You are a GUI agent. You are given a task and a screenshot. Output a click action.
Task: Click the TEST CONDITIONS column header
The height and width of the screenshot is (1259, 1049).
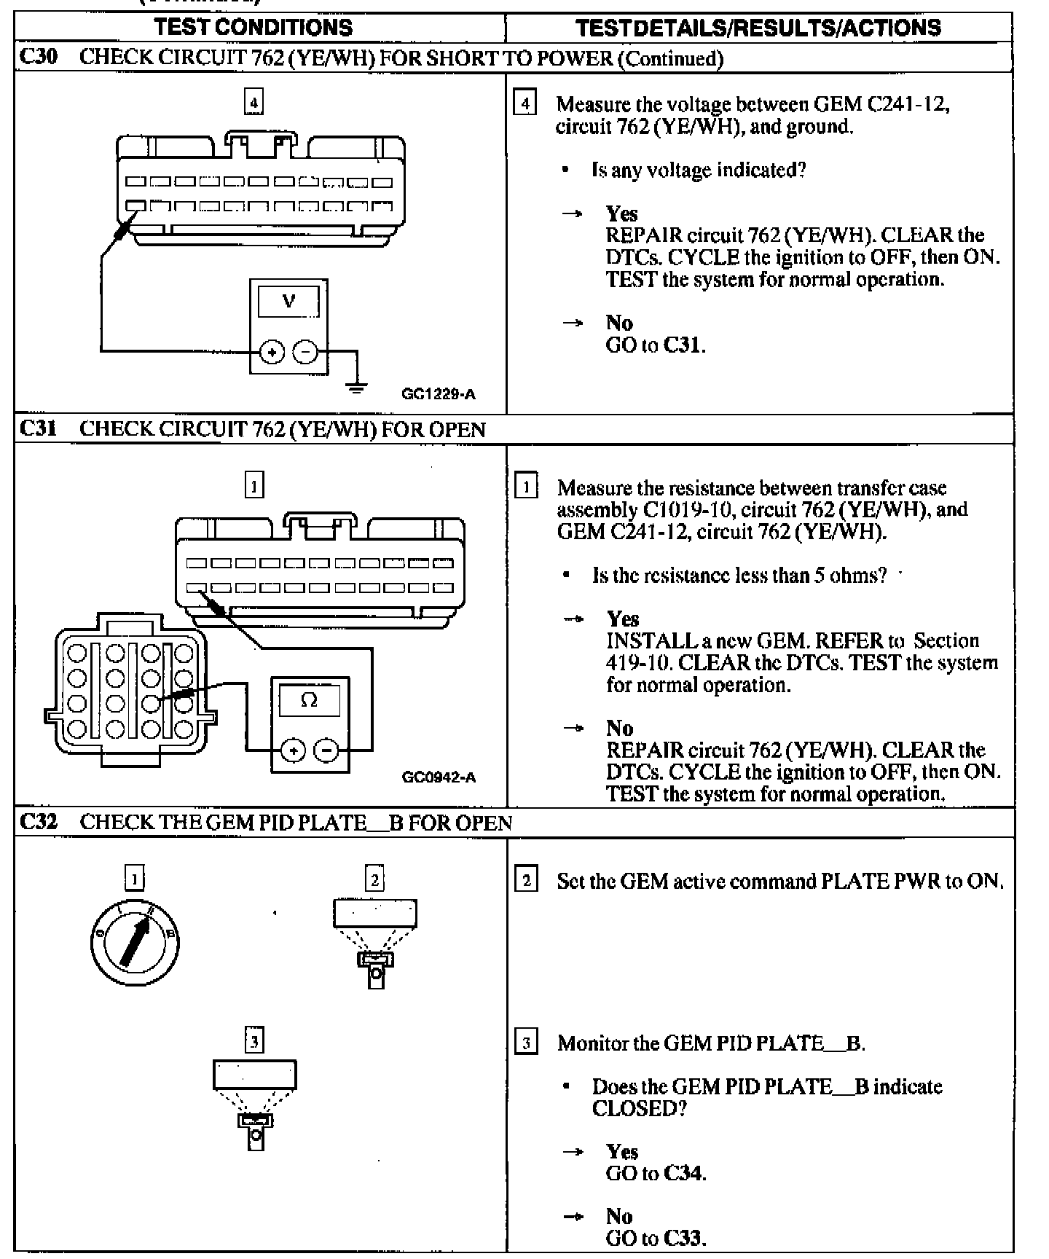pos(254,28)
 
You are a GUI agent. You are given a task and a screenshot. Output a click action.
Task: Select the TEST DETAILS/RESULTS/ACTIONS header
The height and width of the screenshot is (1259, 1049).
pos(758,28)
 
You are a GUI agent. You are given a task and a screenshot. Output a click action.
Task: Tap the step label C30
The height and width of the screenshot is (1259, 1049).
pos(38,57)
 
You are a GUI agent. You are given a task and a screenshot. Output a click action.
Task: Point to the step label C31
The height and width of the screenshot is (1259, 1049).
pos(38,428)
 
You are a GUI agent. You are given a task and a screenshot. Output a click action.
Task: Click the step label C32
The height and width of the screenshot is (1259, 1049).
pos(38,822)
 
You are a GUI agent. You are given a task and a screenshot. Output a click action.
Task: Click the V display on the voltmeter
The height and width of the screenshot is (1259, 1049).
pos(288,301)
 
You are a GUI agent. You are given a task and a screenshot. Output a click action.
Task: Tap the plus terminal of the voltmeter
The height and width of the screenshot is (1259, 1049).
pos(272,353)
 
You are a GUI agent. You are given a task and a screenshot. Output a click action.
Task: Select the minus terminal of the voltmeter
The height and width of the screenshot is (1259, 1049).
pos(305,353)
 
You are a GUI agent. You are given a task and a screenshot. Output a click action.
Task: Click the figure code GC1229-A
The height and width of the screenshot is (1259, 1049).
pos(439,394)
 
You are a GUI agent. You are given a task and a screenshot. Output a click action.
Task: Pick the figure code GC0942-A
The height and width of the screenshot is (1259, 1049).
pos(439,777)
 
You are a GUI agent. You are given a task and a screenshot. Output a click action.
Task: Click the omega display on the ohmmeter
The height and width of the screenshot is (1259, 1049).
pos(310,700)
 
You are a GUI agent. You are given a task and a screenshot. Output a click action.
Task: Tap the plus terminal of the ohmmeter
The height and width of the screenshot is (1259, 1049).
pos(293,750)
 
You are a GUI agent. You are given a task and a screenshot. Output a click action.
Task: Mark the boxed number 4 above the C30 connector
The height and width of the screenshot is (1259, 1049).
pos(254,103)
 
